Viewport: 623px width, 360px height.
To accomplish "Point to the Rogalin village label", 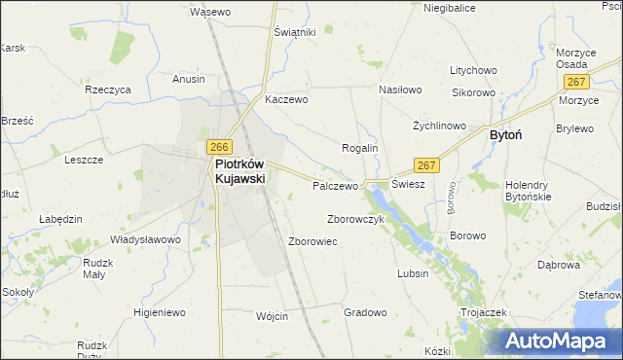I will click(358, 147).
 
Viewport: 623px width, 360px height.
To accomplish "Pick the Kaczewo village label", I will click(286, 99).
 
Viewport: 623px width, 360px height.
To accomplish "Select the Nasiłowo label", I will click(399, 90).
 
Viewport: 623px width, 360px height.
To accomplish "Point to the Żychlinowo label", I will click(439, 126).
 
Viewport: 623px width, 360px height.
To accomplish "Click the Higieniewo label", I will click(160, 312).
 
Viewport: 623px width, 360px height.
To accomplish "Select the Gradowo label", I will click(366, 312).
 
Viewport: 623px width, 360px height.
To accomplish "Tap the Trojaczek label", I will click(486, 312).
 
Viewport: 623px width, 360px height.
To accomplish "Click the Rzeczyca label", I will click(108, 89).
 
